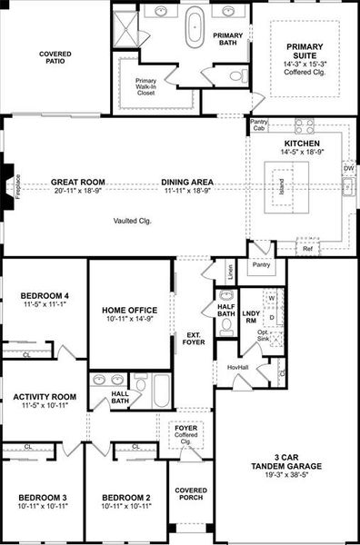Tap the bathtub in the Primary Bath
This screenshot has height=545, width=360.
pyautogui.click(x=195, y=28)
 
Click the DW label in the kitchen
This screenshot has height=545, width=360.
pyautogui.click(x=348, y=168)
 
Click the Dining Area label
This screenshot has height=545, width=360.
pyautogui.click(x=187, y=182)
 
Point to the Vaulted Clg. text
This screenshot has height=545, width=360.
pyautogui.click(x=132, y=221)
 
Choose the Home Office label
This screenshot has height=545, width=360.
pyautogui.click(x=130, y=312)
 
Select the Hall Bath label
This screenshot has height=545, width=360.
pyautogui.click(x=120, y=396)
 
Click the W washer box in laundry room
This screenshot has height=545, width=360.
pyautogui.click(x=271, y=298)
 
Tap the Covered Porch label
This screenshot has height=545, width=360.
pyautogui.click(x=191, y=492)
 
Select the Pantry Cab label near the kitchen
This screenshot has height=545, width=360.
pyautogui.click(x=259, y=125)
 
